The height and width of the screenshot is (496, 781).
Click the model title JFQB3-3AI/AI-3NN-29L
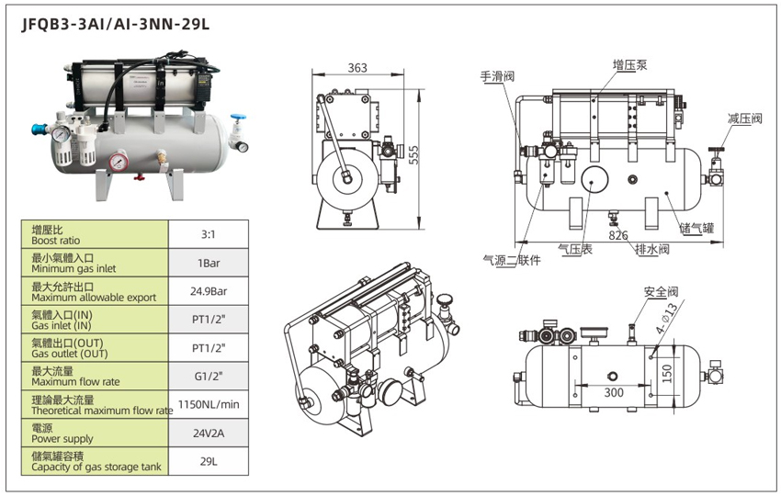coord(116,25)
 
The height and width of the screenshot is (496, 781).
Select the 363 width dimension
coord(357,67)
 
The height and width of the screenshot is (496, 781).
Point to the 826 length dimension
coord(618,236)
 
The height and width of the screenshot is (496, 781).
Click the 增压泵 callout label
coord(630,65)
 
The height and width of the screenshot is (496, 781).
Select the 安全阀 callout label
coord(661,291)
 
